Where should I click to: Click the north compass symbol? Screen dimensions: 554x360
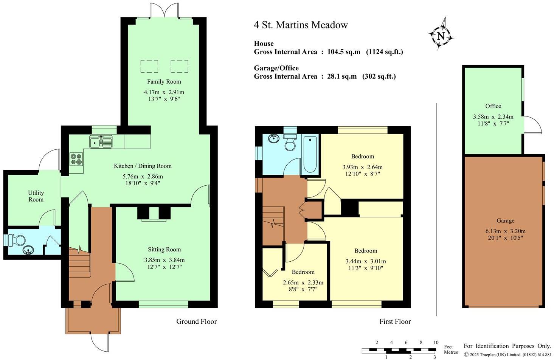(x=441, y=36)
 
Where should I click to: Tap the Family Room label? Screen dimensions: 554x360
(x=164, y=82)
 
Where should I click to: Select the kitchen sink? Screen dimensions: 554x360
(x=101, y=142)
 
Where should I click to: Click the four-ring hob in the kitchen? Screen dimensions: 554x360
(x=76, y=159)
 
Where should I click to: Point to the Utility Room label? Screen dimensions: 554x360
(x=36, y=196)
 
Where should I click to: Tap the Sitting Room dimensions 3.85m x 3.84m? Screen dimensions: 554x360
(x=164, y=260)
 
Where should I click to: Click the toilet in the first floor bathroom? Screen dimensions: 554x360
(x=290, y=143)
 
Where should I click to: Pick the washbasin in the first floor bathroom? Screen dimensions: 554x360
(x=273, y=139)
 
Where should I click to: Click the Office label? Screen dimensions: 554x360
(x=493, y=106)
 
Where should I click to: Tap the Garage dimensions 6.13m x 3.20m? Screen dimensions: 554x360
(x=505, y=231)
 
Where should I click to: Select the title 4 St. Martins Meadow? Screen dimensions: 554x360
(x=301, y=25)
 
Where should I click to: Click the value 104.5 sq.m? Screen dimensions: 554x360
(x=344, y=52)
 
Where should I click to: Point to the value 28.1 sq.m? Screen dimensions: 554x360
(x=342, y=76)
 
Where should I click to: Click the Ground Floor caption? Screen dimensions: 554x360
(x=196, y=321)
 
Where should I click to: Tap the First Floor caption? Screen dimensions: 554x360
(x=395, y=321)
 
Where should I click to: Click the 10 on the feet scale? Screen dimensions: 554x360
(x=436, y=343)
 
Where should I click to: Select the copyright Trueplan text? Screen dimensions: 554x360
(x=507, y=355)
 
